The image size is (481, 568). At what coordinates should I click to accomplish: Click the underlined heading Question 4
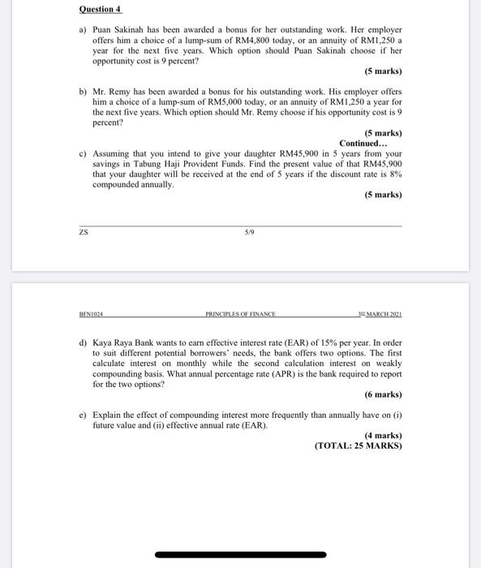[100, 10]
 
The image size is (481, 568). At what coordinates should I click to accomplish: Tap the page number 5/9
[240, 233]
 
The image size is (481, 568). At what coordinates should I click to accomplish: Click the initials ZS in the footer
[84, 233]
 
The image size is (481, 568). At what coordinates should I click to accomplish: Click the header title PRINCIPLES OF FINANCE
[240, 314]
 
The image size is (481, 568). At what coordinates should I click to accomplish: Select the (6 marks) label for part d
[383, 395]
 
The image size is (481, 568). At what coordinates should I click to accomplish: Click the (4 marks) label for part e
[383, 435]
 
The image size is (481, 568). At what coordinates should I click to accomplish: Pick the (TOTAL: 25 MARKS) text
[358, 445]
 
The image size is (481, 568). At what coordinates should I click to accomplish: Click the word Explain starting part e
[109, 415]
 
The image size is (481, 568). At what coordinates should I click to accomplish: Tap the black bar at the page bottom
[240, 555]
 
